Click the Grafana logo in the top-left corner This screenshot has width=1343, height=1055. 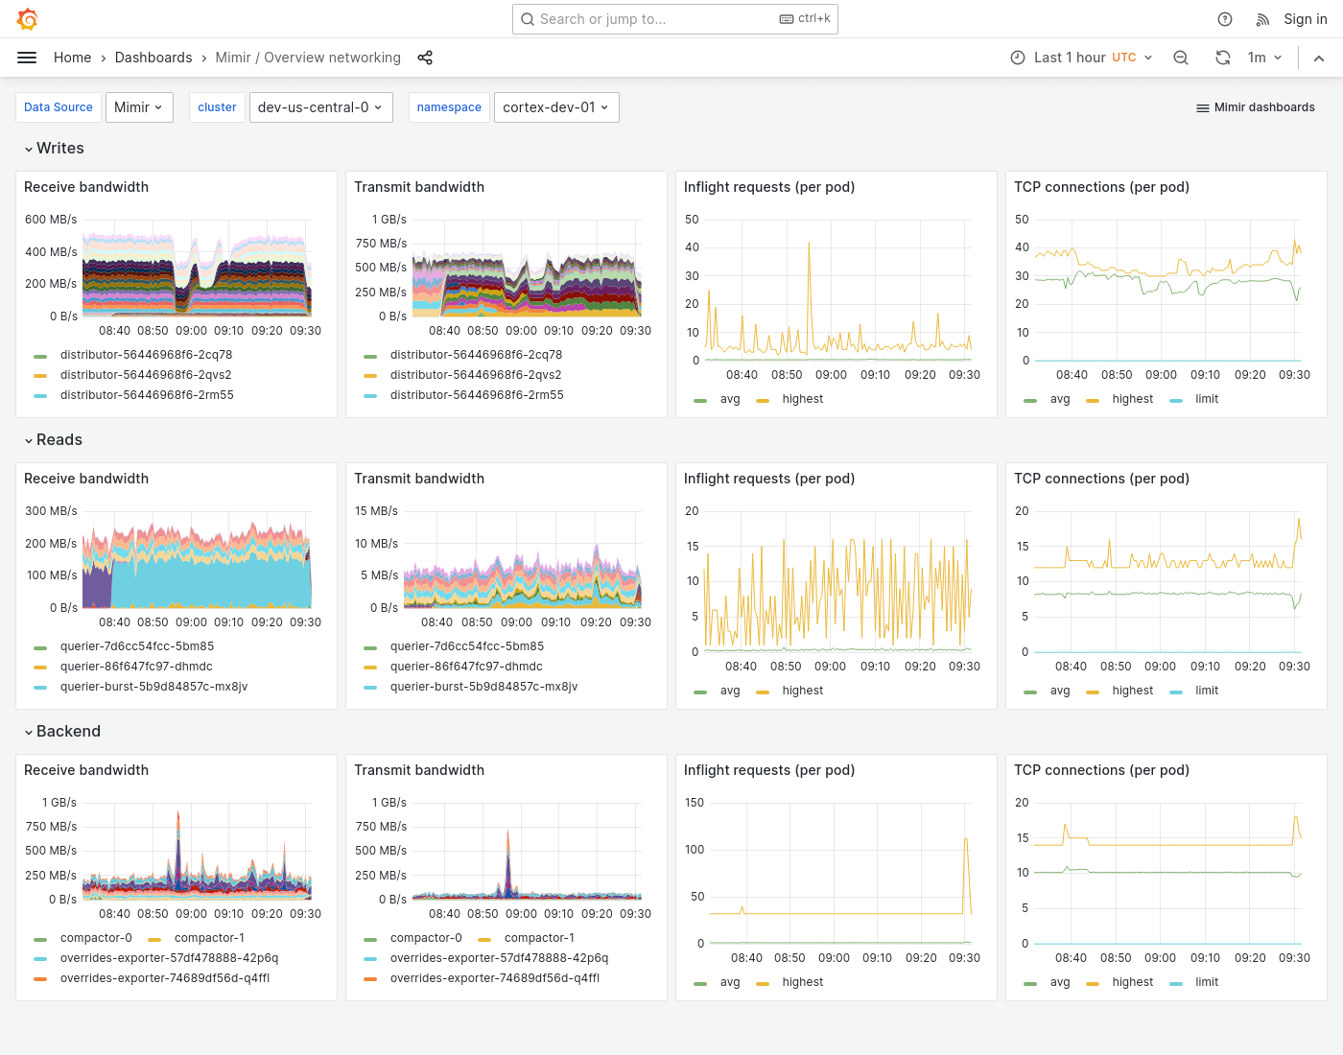[28, 19]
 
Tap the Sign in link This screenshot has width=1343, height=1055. [1305, 19]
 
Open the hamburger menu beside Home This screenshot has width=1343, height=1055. [27, 58]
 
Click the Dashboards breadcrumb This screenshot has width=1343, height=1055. [153, 58]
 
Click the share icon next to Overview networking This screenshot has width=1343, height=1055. [425, 58]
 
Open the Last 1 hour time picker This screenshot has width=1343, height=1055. [1081, 58]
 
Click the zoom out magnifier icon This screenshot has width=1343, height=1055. [1181, 58]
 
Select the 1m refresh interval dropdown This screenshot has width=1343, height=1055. [1264, 58]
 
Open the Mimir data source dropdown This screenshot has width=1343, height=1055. [139, 107]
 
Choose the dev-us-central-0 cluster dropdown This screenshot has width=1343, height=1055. [319, 107]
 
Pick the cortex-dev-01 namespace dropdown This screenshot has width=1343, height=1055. [555, 107]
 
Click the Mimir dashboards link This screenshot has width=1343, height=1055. [1256, 107]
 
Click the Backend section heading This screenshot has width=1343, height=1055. [67, 732]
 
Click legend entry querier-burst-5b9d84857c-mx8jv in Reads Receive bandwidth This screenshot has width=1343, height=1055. [153, 687]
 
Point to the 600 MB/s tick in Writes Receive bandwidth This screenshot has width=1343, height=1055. [51, 220]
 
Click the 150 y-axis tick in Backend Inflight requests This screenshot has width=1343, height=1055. [694, 803]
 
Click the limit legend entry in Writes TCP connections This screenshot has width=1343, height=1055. [1206, 399]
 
